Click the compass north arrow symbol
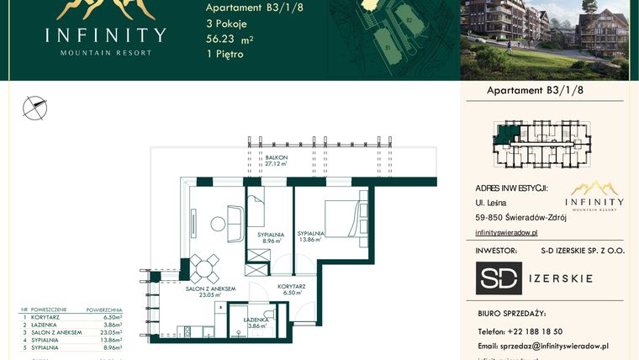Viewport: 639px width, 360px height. (x=34, y=106)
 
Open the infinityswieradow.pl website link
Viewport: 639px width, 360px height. (x=506, y=232)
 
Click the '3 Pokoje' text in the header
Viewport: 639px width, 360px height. (x=226, y=24)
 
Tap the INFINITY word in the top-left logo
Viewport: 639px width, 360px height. (x=106, y=34)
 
